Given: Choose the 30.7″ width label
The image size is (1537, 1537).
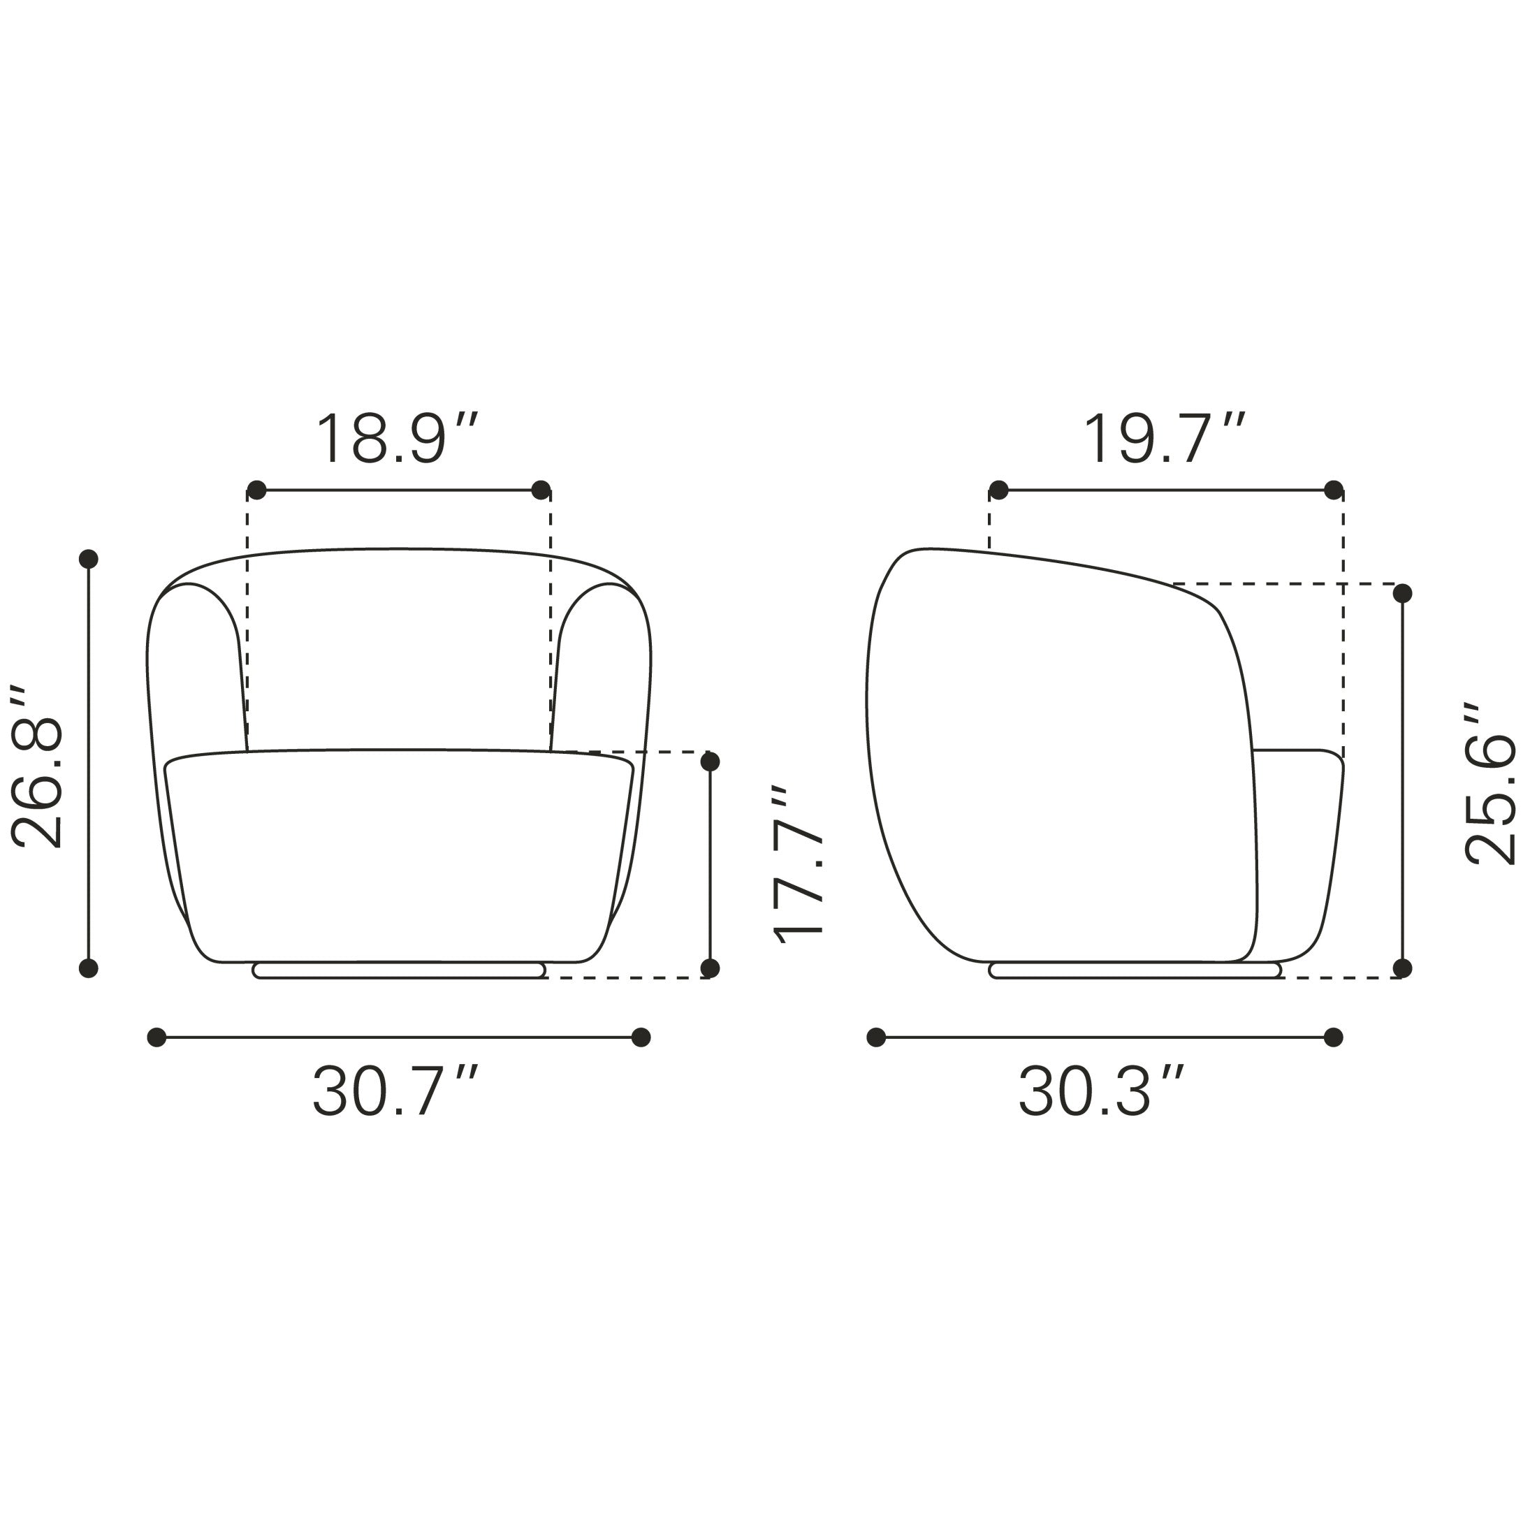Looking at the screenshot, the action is [395, 1091].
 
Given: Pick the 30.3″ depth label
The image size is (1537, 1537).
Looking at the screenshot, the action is [1102, 1091].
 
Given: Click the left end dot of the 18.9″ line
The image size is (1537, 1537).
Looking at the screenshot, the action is [256, 490].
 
